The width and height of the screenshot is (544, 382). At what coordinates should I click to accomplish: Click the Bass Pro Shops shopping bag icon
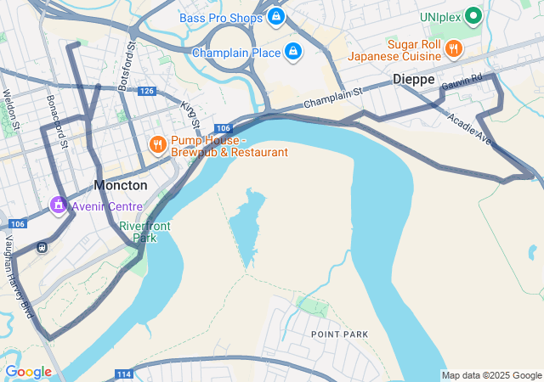click(276, 16)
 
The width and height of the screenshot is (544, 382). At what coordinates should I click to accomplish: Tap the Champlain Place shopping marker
click(293, 52)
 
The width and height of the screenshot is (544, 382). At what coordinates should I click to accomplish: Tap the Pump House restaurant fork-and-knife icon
click(157, 144)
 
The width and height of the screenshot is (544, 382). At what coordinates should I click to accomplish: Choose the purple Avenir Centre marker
click(58, 205)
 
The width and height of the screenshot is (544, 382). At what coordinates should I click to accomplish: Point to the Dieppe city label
click(414, 79)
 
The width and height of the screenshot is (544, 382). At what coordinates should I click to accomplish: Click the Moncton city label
click(120, 185)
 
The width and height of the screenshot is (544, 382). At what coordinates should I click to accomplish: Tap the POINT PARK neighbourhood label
click(339, 334)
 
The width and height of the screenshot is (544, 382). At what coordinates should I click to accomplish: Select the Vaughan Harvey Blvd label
click(19, 277)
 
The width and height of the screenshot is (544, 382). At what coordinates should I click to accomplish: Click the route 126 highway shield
click(146, 91)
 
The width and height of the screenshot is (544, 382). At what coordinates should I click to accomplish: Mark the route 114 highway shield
click(123, 374)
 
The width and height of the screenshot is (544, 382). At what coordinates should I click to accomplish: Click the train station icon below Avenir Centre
click(41, 247)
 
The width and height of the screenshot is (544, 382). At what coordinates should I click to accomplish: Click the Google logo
click(28, 372)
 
